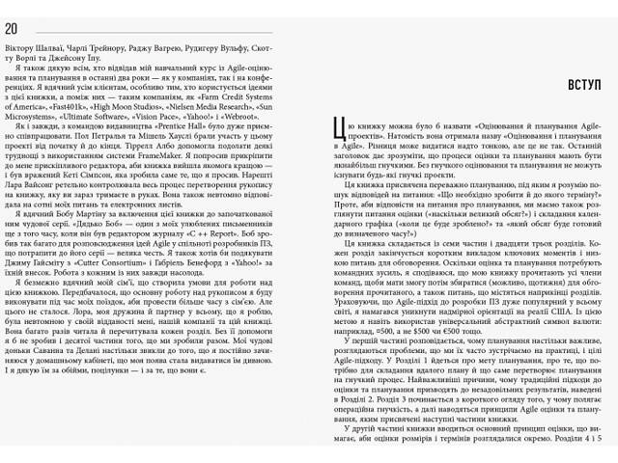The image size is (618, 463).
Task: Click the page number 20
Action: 12,26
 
